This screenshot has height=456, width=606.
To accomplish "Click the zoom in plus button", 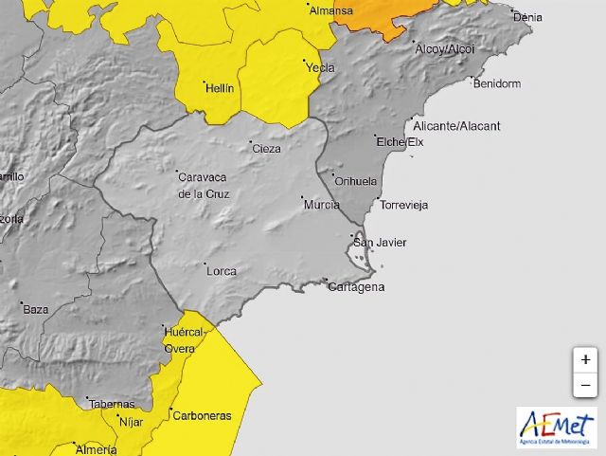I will [x=585, y=360].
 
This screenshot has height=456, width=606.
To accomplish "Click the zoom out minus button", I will [x=585, y=386].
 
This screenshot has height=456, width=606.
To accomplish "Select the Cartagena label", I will [x=356, y=287].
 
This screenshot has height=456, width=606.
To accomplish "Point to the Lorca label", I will [x=221, y=271].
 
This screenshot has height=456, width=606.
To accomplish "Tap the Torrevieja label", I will [x=403, y=205].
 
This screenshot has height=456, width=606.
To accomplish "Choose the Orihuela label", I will [x=356, y=181].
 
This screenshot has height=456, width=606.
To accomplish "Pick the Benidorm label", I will [x=496, y=83].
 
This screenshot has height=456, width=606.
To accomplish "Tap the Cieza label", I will [x=266, y=148].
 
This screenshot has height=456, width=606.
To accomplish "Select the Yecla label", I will [x=319, y=67].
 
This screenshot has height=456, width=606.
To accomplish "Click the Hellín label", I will [x=219, y=88].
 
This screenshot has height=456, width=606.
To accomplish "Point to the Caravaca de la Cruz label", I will [x=204, y=185].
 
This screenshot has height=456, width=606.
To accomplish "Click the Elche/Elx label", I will [x=400, y=142].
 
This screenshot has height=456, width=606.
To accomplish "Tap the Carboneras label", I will [x=201, y=415].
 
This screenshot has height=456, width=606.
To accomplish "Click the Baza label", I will [x=36, y=309].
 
